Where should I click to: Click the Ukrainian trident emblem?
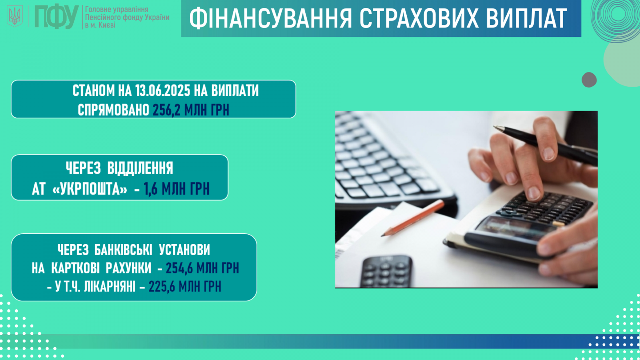pyautogui.click(x=15, y=16)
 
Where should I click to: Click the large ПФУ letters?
pyautogui.click(x=56, y=16)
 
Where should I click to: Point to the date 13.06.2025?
pyautogui.click(x=163, y=91)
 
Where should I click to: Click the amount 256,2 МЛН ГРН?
pyautogui.click(x=191, y=110)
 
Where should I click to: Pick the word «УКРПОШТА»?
pyautogui.click(x=90, y=189)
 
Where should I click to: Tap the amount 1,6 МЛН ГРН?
pyautogui.click(x=177, y=189)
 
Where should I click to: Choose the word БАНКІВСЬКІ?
pyautogui.click(x=123, y=250)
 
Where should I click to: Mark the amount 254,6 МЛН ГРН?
pyautogui.click(x=202, y=268)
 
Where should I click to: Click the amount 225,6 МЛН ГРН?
pyautogui.click(x=185, y=287)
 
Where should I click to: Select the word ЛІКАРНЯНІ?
pyautogui.click(x=110, y=287)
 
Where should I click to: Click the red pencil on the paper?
pyautogui.click(x=412, y=218)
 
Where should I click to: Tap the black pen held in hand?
pyautogui.click(x=545, y=146)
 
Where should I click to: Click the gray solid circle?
pyautogui.click(x=589, y=80)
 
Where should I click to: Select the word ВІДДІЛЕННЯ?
pyautogui.click(x=140, y=168)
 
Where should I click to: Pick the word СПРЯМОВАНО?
pyautogui.click(x=113, y=110)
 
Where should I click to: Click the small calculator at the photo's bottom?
pyautogui.click(x=386, y=272)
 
